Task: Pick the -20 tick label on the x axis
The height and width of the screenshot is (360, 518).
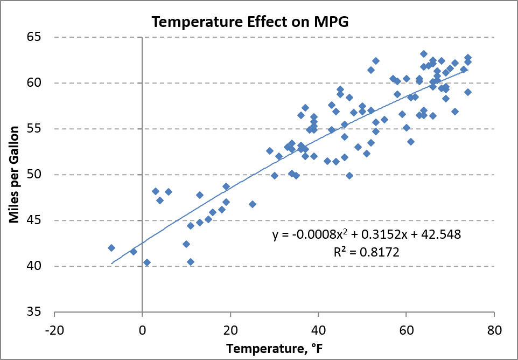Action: tap(54, 329)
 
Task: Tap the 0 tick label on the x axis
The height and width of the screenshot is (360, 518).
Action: tap(142, 329)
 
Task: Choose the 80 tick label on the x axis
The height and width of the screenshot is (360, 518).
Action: tap(494, 329)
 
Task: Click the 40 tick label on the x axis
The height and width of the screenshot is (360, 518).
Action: tap(318, 329)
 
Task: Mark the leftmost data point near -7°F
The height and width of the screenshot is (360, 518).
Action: tap(111, 248)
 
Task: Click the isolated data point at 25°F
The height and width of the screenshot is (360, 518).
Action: tap(253, 204)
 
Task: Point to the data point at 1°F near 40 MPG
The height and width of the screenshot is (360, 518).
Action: tap(147, 262)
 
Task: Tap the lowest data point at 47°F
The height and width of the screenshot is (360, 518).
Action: tap(349, 176)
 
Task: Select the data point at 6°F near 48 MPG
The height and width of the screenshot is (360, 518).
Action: tap(169, 192)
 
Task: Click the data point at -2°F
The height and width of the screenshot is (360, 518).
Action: tap(134, 252)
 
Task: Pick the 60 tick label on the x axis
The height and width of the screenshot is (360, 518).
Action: tap(407, 329)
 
